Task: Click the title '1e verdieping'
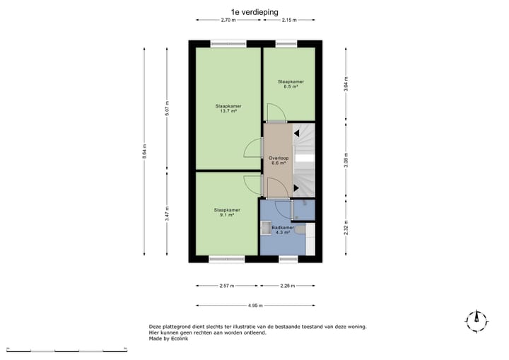(255, 12)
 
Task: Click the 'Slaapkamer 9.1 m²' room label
(227, 212)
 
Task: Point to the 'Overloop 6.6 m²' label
(278, 161)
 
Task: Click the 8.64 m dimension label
(144, 153)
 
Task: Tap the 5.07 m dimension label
(167, 110)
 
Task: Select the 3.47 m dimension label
(167, 217)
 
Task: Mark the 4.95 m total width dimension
(255, 306)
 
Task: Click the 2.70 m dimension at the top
(228, 21)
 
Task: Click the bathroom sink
(267, 227)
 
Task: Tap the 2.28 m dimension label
(288, 286)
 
